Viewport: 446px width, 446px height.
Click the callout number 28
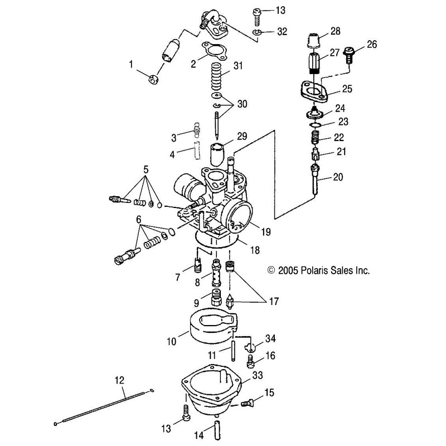point(336,31)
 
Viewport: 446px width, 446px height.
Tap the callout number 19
point(266,232)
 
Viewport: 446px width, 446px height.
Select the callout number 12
point(120,380)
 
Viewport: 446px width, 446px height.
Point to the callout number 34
point(270,338)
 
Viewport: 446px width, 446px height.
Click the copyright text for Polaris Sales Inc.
point(318,270)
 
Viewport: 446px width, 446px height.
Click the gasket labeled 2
point(214,51)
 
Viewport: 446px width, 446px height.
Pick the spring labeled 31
point(216,76)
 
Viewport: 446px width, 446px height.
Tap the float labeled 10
point(213,326)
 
